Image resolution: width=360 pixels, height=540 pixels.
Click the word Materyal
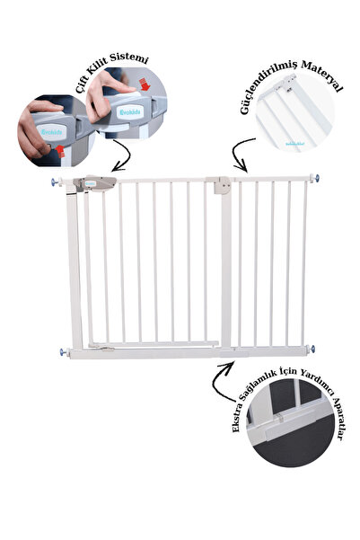[x=321, y=75]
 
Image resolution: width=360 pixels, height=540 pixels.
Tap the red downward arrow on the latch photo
[x=145, y=84]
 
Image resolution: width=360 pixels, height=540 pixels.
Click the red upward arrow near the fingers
[x=60, y=151]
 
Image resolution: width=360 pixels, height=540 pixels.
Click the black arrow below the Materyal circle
[x=238, y=154]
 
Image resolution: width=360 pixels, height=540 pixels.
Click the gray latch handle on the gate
[x=94, y=183]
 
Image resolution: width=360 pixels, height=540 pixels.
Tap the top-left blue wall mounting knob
[x=55, y=181]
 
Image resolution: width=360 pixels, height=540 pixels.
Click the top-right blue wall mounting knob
[x=316, y=179]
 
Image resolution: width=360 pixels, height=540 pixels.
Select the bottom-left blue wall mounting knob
[x=64, y=352]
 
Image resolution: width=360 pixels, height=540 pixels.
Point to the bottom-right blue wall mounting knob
[x=312, y=349]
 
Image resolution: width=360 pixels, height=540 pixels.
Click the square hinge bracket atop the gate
[x=222, y=185]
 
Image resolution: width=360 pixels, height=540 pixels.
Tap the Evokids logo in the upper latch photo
[x=130, y=112]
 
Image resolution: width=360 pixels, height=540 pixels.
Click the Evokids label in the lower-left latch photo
[x=52, y=132]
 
